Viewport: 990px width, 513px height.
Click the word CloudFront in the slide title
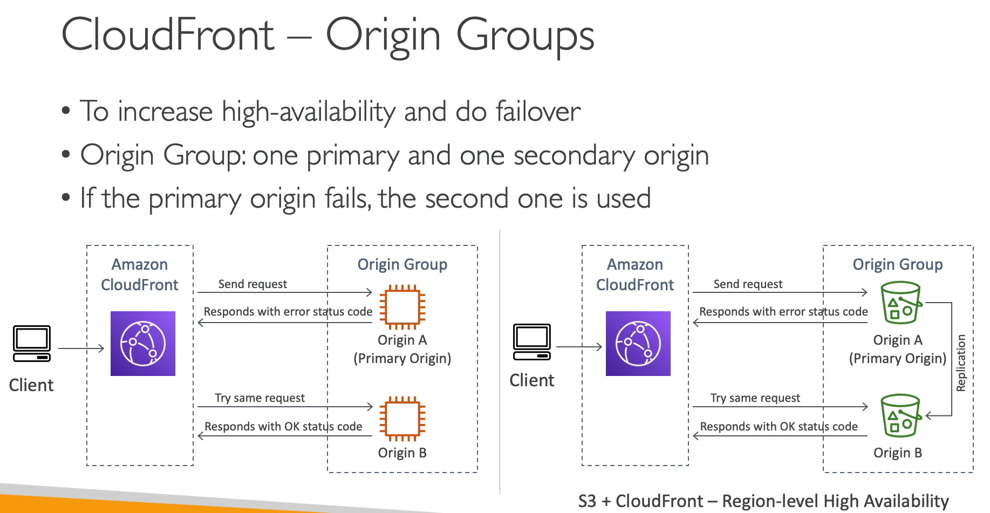click(168, 35)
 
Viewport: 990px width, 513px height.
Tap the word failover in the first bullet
click(537, 112)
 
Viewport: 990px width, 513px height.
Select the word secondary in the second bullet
click(574, 156)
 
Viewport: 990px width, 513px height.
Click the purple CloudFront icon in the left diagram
click(143, 344)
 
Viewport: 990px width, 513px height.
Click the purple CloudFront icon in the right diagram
click(638, 344)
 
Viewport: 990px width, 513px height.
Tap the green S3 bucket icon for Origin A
click(900, 303)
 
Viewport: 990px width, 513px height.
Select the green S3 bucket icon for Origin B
click(900, 415)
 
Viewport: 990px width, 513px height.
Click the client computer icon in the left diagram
click(32, 344)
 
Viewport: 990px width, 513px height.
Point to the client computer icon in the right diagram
click(532, 342)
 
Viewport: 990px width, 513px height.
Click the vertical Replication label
click(961, 362)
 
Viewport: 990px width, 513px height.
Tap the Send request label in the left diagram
click(252, 284)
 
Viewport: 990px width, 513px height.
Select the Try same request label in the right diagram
click(755, 398)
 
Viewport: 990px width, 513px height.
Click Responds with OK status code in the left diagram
click(283, 427)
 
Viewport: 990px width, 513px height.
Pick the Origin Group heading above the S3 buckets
click(897, 264)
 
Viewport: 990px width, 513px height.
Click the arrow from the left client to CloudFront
click(81, 348)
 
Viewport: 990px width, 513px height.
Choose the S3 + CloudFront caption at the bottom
click(763, 501)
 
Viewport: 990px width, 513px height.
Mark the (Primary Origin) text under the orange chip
click(402, 359)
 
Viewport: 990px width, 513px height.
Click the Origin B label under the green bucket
click(897, 453)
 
